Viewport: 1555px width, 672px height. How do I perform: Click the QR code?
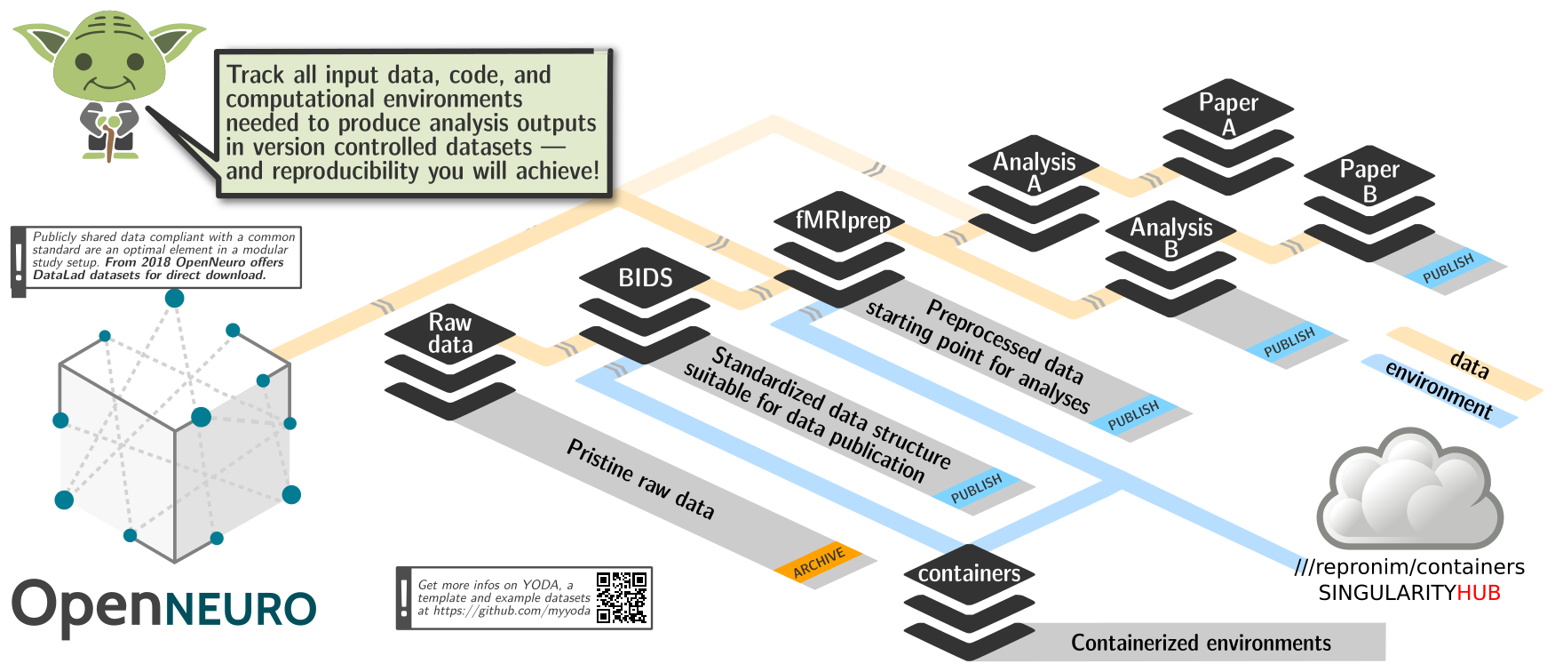[x=622, y=597]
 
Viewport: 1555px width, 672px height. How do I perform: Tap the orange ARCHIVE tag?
[x=818, y=562]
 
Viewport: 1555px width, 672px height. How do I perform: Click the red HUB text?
[x=1479, y=593]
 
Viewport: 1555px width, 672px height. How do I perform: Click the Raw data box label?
[x=450, y=333]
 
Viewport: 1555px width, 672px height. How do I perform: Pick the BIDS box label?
[x=646, y=278]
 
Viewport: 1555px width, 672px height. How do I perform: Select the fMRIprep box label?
[x=843, y=220]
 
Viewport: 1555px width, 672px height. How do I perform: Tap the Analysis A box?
[x=1034, y=172]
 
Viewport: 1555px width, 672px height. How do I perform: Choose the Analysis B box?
[x=1170, y=238]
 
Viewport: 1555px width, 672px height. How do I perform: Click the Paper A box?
[x=1228, y=115]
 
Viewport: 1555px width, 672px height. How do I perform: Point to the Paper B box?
[x=1369, y=180]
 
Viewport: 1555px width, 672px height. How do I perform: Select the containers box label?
[x=969, y=574]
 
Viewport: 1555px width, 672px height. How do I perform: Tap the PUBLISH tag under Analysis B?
[x=1289, y=342]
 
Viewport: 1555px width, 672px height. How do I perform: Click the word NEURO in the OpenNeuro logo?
[x=241, y=610]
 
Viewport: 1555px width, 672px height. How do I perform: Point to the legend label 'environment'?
[x=1439, y=391]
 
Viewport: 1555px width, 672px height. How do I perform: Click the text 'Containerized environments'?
[x=1201, y=643]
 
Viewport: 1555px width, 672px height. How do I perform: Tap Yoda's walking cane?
[x=109, y=142]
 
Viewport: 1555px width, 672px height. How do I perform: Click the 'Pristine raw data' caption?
[x=640, y=479]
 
